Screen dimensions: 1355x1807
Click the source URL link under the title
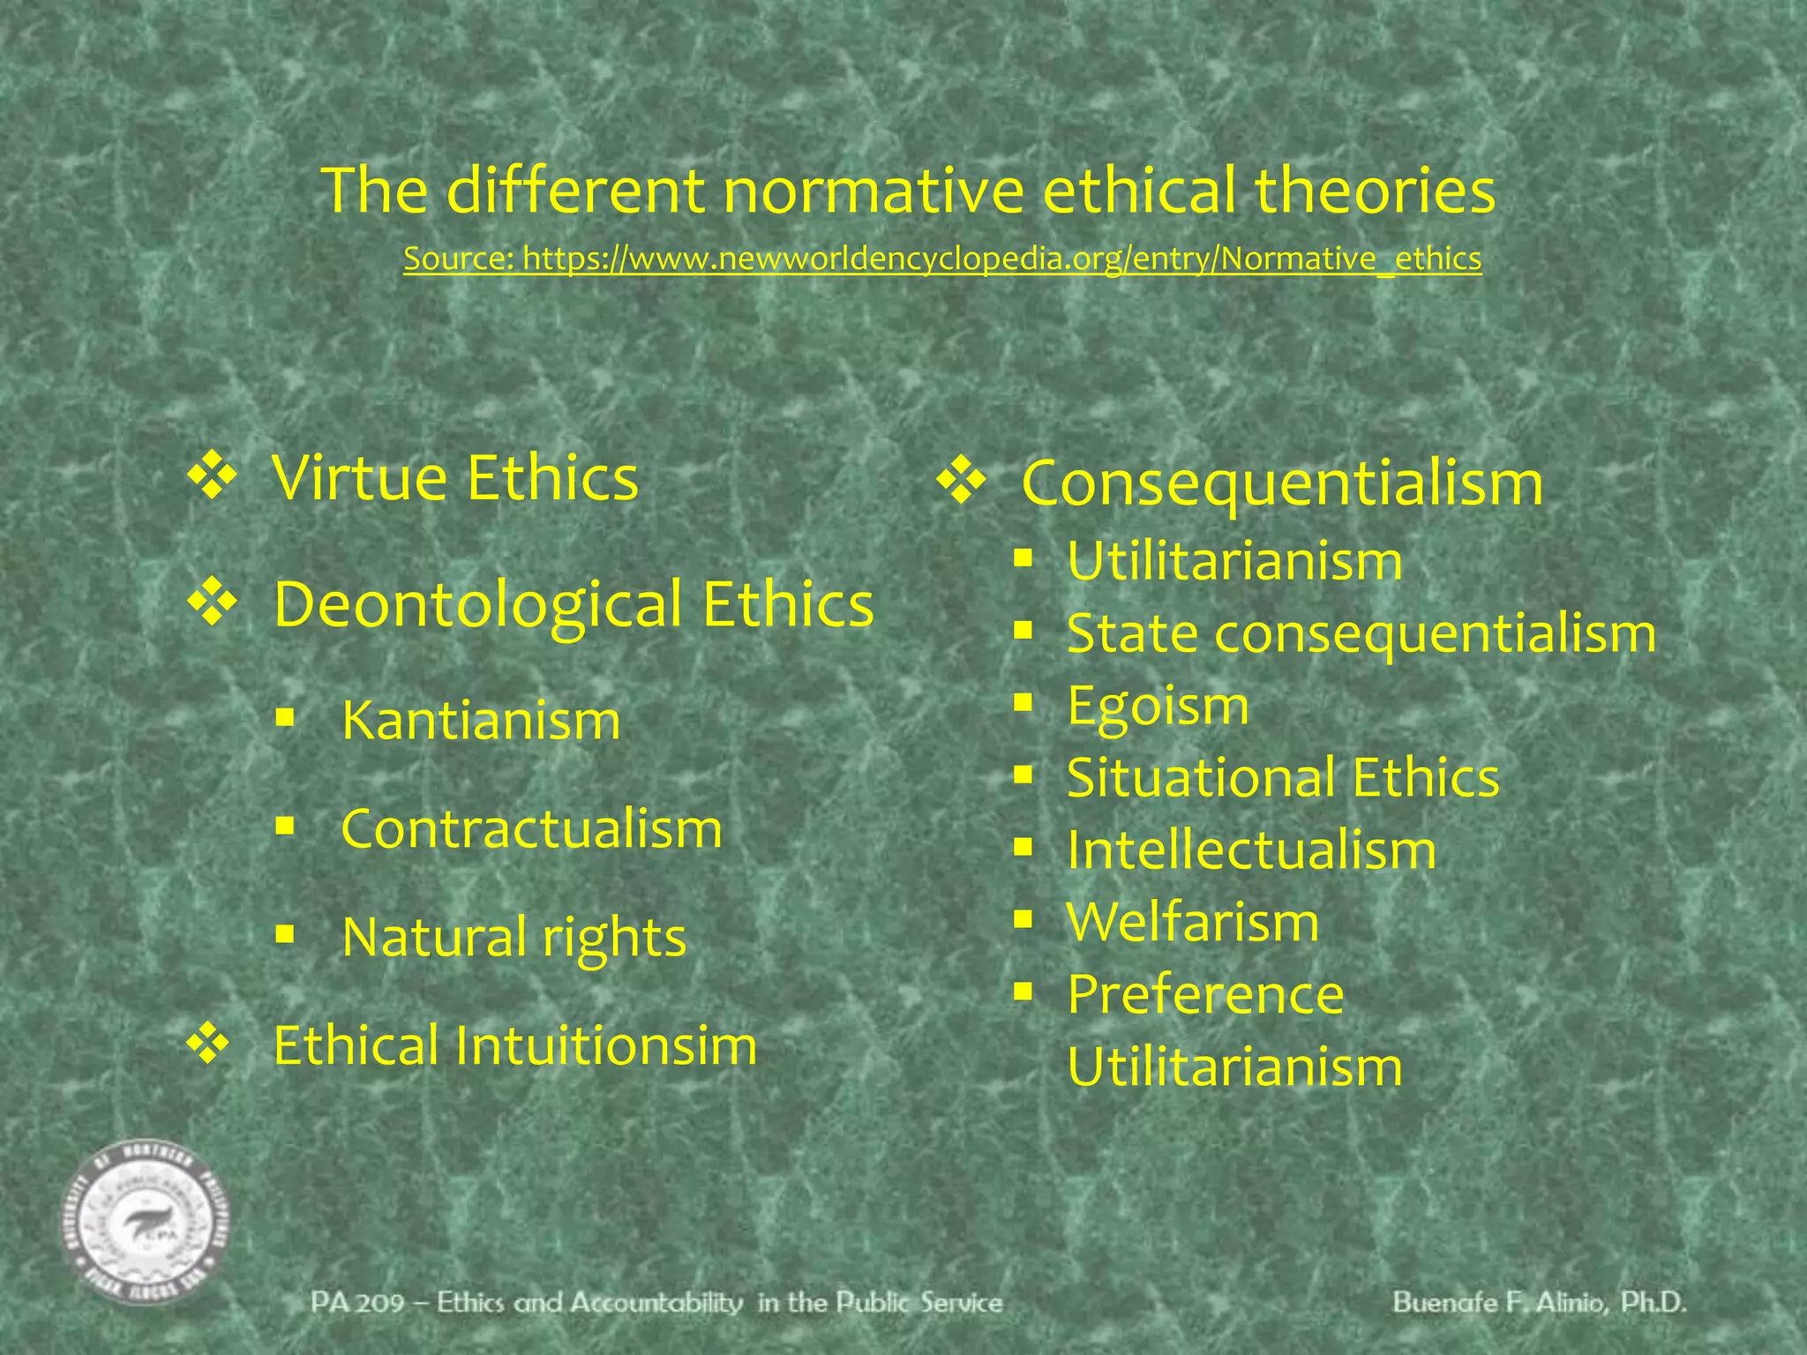(x=942, y=258)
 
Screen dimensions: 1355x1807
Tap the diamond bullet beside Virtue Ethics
(x=212, y=477)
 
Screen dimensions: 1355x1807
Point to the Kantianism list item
(x=481, y=720)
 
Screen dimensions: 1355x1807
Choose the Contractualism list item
(x=531, y=829)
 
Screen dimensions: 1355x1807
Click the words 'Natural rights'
(x=514, y=937)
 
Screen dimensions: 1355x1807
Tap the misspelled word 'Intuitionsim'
(x=606, y=1045)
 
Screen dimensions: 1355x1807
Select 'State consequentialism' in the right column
(x=1361, y=633)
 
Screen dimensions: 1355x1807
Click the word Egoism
(x=1158, y=706)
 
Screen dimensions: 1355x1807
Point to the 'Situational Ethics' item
(x=1283, y=777)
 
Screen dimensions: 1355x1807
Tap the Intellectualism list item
(x=1251, y=850)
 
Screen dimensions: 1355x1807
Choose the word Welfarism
(x=1193, y=922)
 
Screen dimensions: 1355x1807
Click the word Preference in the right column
(x=1205, y=994)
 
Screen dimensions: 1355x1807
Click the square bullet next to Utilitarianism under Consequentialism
(x=1023, y=558)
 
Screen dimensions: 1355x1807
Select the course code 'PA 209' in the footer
(x=357, y=1303)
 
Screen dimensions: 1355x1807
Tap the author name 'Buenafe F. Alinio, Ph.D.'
(x=1540, y=1303)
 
